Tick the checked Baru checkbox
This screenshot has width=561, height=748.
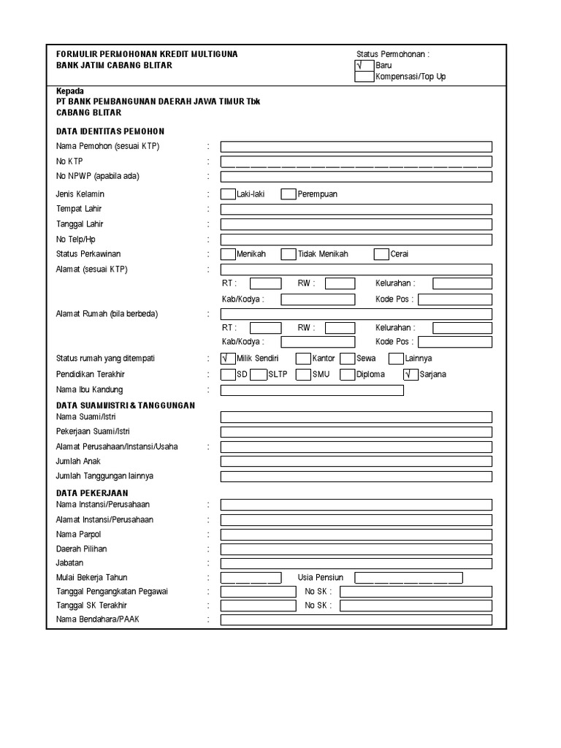364,66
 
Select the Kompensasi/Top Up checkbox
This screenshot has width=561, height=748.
364,77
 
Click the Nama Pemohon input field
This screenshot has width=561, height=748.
356,147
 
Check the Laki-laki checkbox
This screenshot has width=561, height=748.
228,194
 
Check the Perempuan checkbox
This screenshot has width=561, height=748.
289,194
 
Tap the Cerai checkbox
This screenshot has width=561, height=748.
381,254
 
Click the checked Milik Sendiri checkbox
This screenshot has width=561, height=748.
228,359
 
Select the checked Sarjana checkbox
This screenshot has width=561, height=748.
411,375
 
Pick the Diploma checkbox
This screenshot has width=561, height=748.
348,375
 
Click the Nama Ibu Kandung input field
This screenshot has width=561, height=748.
312,390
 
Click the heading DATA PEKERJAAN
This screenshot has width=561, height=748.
92,493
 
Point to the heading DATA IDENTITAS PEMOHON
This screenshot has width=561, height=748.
110,131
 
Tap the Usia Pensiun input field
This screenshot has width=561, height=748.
408,578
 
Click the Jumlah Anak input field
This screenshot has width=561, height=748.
356,462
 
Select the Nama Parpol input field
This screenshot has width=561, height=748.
356,534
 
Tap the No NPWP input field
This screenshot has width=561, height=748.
356,177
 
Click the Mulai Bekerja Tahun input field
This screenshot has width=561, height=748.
251,578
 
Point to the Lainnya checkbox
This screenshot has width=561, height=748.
396,359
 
